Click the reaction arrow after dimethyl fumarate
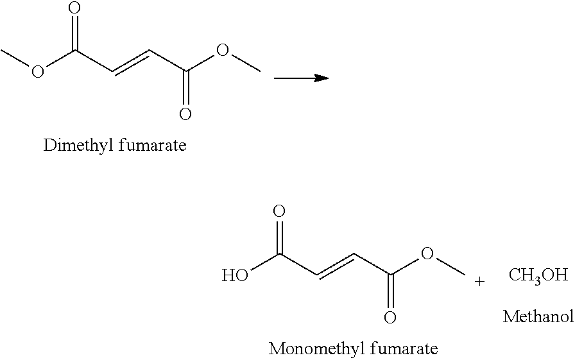point(301,78)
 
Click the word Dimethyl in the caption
point(78,146)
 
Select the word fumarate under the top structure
point(153,145)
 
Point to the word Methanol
point(538,316)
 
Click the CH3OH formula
point(538,275)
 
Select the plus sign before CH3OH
point(479,282)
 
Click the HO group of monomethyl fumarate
point(235,275)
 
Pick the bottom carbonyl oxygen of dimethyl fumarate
point(185,114)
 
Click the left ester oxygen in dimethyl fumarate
point(37,71)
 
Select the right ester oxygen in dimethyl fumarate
point(222,50)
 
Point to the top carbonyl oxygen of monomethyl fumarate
point(279,212)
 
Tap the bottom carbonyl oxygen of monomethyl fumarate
point(390,317)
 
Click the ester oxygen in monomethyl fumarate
point(427,253)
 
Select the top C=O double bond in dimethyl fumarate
point(75,32)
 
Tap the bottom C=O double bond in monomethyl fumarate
point(390,292)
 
